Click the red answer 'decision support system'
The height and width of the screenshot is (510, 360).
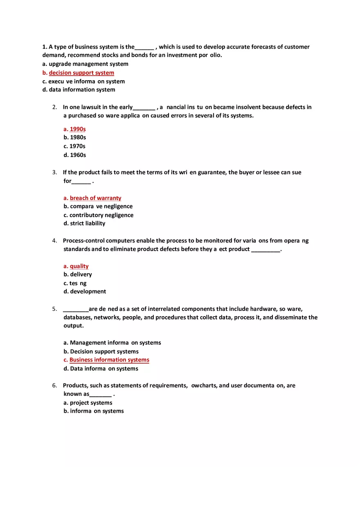81,73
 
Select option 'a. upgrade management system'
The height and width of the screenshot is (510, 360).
85,64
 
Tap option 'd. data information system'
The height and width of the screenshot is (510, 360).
79,90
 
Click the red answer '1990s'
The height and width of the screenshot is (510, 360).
77,129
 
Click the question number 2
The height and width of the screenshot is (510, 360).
54,107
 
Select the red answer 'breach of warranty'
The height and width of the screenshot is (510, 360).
95,198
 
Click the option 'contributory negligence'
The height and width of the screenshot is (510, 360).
99,215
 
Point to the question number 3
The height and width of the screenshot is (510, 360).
54,172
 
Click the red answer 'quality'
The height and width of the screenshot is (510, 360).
79,266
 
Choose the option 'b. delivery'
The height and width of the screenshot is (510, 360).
78,274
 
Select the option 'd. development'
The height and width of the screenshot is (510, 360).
85,292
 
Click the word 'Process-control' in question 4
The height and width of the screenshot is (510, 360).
83,240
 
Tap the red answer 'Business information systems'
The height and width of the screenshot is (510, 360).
109,360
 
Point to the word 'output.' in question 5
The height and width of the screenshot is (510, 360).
74,326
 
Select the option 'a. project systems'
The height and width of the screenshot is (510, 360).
88,403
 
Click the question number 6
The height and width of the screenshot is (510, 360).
54,385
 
